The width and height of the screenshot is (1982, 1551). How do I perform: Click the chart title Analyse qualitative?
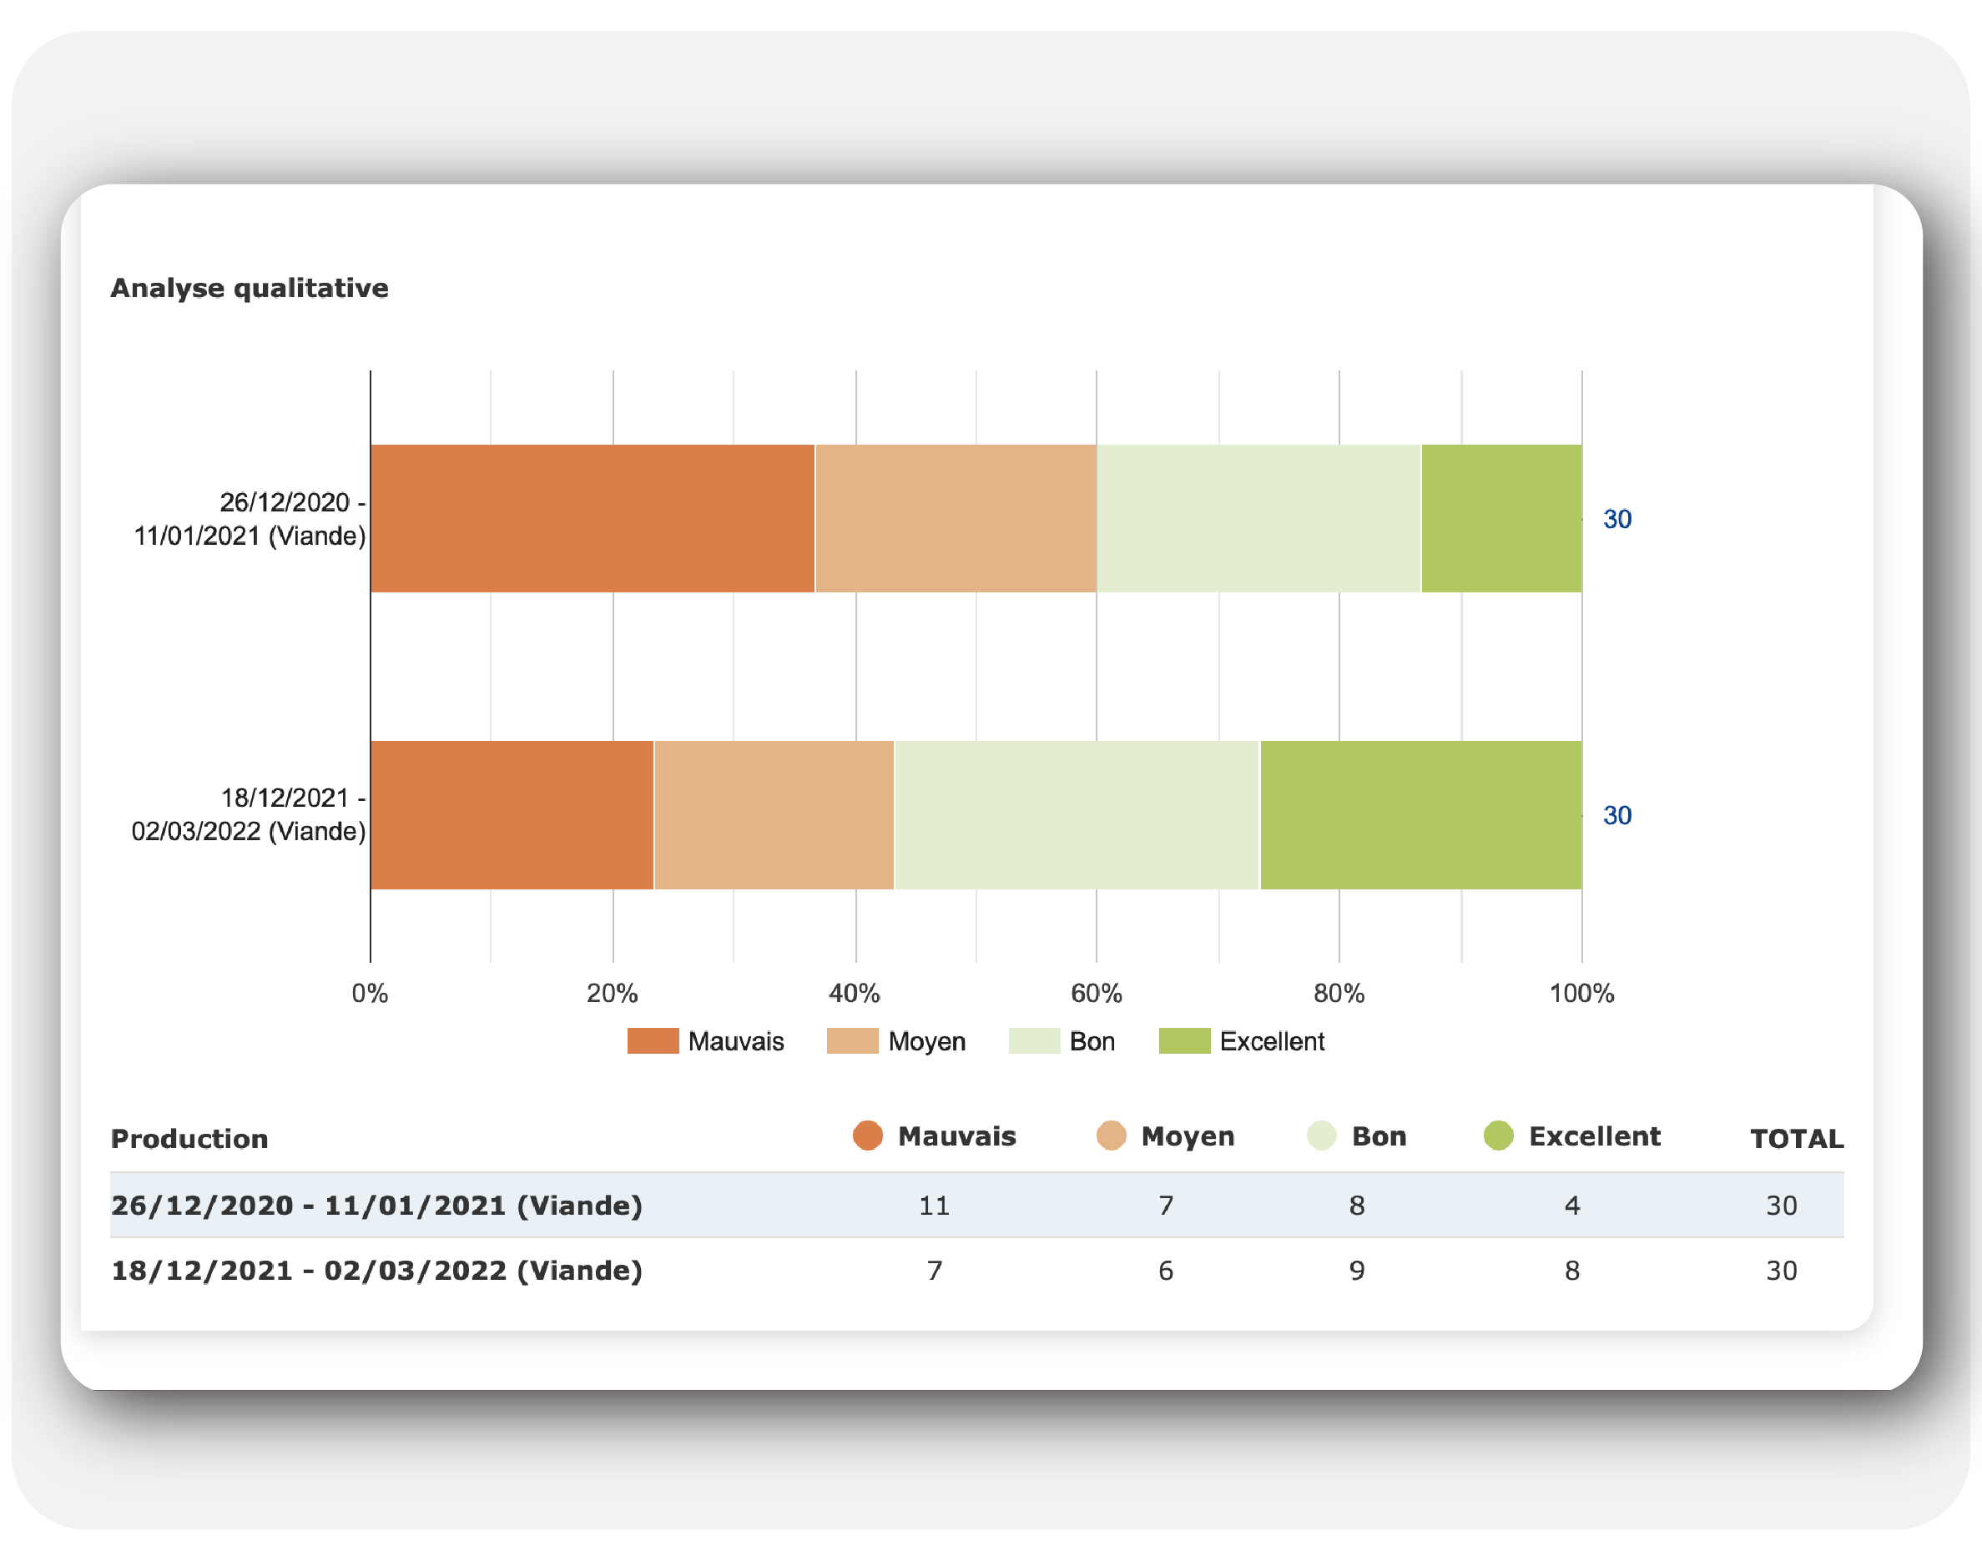249,288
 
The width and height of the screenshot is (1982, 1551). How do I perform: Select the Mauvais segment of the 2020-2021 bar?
593,518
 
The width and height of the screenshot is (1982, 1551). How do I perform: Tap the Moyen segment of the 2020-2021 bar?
955,518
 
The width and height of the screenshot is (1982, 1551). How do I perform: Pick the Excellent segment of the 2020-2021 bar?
1500,518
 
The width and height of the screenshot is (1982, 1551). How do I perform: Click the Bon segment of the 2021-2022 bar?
1077,814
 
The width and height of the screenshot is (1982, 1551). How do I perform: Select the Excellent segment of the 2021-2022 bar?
1420,814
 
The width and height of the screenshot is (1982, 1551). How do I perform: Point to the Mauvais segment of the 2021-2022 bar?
512,814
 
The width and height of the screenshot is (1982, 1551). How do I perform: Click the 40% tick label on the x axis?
854,994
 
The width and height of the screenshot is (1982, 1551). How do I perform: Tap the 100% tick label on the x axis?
1581,994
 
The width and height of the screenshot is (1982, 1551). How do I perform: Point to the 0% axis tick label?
370,994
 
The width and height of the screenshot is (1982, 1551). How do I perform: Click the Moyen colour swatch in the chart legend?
852,1040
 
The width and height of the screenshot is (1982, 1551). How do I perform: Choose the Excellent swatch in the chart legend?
1184,1040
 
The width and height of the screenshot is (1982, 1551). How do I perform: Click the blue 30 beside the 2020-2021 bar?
1616,520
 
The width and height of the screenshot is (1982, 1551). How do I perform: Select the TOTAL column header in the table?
1796,1139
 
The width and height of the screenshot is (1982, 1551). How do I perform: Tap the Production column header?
189,1139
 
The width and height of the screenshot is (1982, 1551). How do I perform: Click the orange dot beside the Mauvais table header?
867,1136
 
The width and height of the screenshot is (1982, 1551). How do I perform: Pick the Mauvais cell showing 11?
934,1205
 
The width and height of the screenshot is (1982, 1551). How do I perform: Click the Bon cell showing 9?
1356,1271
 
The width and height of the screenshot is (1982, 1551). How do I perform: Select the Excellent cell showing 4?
1571,1205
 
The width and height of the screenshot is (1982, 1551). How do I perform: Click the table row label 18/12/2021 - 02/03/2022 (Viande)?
376,1271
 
